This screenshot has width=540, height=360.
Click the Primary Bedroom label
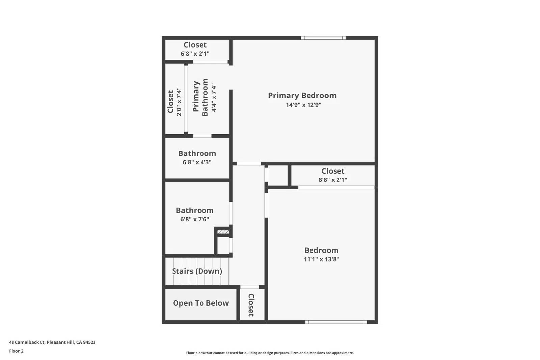302,95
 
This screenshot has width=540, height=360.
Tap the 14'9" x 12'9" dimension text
303,105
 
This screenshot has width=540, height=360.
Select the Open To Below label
201,303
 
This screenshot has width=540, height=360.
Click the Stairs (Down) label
197,271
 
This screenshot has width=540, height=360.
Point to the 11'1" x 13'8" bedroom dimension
321,259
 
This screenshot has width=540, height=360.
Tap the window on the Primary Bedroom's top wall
323,38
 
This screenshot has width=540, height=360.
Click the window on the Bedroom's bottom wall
336,322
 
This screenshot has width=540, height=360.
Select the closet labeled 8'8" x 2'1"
333,175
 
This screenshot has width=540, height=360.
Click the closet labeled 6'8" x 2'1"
195,49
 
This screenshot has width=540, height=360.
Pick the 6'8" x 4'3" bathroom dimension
197,162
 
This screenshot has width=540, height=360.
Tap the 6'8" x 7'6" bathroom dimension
195,219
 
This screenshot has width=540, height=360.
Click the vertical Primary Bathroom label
200,98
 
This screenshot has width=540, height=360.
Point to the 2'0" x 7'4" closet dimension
179,102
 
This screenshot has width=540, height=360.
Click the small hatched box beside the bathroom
223,232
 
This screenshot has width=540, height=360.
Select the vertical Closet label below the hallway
251,305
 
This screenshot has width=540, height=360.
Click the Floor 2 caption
16,351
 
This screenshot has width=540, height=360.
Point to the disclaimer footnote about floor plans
270,353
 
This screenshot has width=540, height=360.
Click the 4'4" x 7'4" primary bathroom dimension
214,98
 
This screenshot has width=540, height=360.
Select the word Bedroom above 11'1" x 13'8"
321,250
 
